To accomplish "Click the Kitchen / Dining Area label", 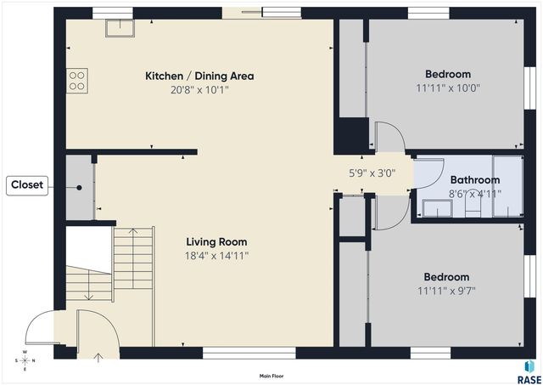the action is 199,76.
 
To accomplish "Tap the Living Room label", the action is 217,241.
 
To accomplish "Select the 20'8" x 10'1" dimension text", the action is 200,90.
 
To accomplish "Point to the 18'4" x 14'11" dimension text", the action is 217,256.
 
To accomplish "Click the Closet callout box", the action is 27,185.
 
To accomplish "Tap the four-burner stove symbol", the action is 77,81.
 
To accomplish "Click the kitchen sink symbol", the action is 120,28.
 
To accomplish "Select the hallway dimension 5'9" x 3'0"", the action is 372,173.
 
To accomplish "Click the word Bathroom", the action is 475,180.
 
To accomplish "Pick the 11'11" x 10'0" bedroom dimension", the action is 448,88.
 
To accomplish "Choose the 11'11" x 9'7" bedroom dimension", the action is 446,291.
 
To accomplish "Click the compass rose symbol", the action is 25,360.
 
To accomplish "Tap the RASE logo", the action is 529,372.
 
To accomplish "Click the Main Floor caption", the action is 271,376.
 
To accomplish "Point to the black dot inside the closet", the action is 79,188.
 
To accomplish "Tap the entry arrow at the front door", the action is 98,357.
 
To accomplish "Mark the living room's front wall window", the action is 249,353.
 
